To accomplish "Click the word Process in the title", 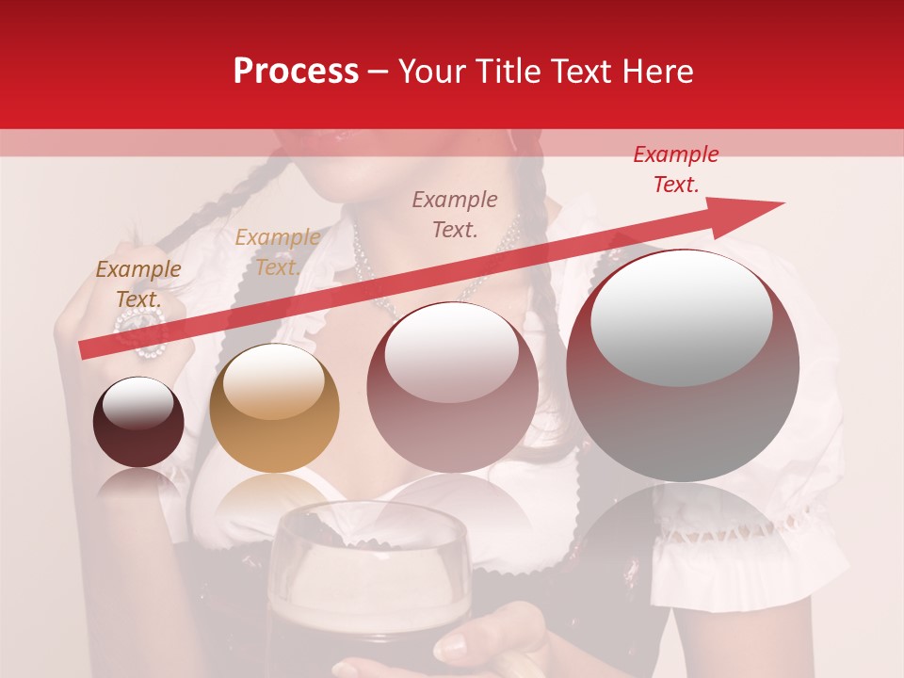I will pyautogui.click(x=296, y=72).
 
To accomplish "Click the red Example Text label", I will pyautogui.click(x=675, y=169).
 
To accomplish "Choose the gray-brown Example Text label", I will pyautogui.click(x=455, y=214).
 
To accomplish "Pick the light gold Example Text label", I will pyautogui.click(x=277, y=252).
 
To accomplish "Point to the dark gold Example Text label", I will pyautogui.click(x=138, y=283).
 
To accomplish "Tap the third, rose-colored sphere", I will pyautogui.click(x=453, y=388).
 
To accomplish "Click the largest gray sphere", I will pyautogui.click(x=683, y=365).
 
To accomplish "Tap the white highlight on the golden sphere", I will pyautogui.click(x=274, y=381).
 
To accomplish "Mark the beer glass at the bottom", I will pyautogui.click(x=368, y=584).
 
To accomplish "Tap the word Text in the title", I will pyautogui.click(x=580, y=72).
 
